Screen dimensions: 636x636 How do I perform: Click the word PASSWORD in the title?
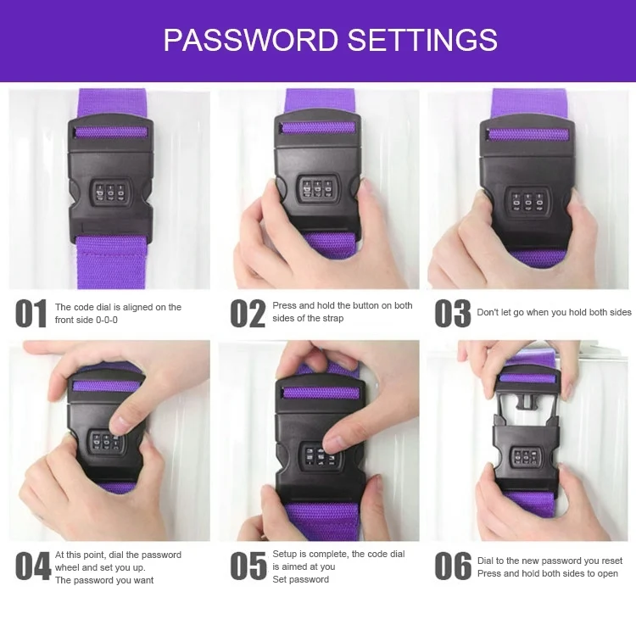pos(250,40)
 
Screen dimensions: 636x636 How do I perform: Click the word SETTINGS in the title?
pos(422,40)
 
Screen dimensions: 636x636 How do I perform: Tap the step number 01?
pos(31,314)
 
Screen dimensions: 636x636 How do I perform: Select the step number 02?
pos(248,314)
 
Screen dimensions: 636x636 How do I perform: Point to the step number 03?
pos(452,314)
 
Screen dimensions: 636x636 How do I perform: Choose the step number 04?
pos(33,566)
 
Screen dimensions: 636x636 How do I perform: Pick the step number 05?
pos(248,566)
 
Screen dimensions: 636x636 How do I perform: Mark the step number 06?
pos(453,566)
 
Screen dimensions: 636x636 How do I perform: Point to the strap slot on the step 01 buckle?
pos(111,132)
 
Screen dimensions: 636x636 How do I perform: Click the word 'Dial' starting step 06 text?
pos(486,561)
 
